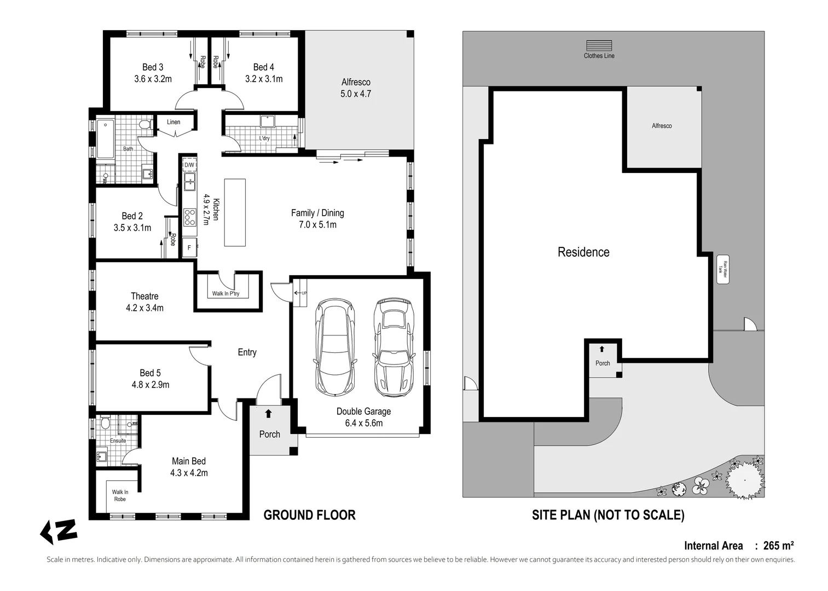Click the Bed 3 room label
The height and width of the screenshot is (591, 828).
pyautogui.click(x=153, y=73)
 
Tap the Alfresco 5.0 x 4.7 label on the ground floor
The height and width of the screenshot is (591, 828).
pyautogui.click(x=356, y=88)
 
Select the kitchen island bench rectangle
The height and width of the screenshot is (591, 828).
pyautogui.click(x=235, y=212)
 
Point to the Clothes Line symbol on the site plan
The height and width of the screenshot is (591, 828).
pyautogui.click(x=599, y=46)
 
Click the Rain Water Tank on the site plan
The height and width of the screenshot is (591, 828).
pyautogui.click(x=722, y=269)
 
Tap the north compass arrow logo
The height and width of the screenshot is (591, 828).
pyautogui.click(x=59, y=531)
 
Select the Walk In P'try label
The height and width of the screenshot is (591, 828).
pyautogui.click(x=226, y=294)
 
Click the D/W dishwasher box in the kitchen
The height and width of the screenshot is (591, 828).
pyautogui.click(x=189, y=165)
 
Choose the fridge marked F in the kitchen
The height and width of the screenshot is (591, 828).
pyautogui.click(x=189, y=247)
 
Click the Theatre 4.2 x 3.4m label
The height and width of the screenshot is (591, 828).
pyautogui.click(x=144, y=302)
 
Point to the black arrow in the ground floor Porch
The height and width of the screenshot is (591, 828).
pyautogui.click(x=268, y=414)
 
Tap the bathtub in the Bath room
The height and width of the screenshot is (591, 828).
pyautogui.click(x=105, y=139)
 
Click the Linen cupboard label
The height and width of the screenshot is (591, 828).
pyautogui.click(x=173, y=122)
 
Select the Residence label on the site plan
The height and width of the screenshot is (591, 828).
pyautogui.click(x=583, y=252)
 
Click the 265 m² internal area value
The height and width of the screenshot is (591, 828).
pyautogui.click(x=778, y=546)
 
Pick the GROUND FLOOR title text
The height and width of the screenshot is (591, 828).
pyautogui.click(x=309, y=515)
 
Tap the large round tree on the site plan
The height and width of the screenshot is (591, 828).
pyautogui.click(x=744, y=480)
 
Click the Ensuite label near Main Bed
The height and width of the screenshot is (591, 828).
pyautogui.click(x=118, y=441)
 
